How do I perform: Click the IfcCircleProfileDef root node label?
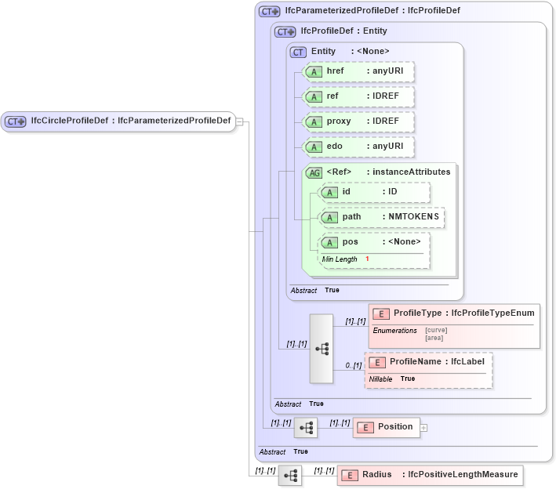point(129,121)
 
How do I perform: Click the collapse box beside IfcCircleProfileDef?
point(240,121)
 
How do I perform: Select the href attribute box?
point(358,71)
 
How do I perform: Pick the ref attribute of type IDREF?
point(358,96)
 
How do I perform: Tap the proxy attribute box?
point(358,122)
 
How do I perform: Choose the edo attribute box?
point(358,147)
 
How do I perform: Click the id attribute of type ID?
point(375,192)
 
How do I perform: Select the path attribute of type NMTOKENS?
point(381,217)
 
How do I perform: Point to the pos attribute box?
point(375,242)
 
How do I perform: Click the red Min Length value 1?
point(367,259)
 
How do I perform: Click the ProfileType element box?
point(453,313)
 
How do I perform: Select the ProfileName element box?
point(428,362)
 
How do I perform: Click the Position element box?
point(387,427)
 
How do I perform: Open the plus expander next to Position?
point(424,428)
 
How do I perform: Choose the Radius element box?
point(428,475)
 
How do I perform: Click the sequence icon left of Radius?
point(290,475)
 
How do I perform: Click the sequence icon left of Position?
point(306,427)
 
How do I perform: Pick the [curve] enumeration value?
point(436,330)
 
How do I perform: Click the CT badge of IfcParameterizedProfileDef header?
point(270,12)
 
